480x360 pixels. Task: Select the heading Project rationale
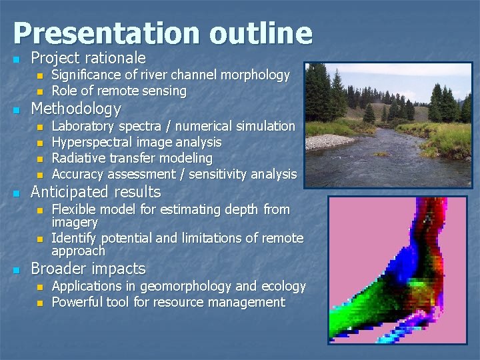[88, 59]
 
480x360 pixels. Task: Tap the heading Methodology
[76, 109]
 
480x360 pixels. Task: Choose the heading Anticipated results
[96, 192]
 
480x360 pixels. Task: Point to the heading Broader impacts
[88, 269]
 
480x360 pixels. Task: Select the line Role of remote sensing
[119, 91]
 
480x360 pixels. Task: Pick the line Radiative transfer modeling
[132, 158]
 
